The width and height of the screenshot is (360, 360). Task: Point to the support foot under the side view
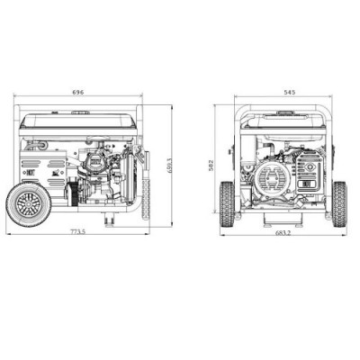click(x=109, y=220)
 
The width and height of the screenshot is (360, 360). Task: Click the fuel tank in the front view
click(x=282, y=122)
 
